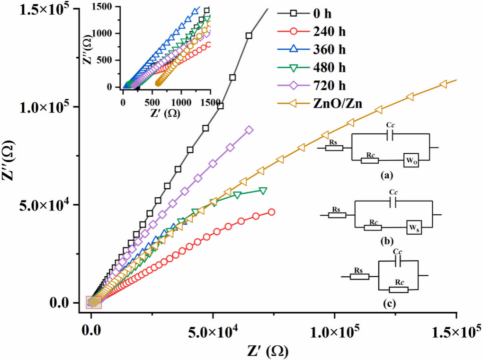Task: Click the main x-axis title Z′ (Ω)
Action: pos(268,351)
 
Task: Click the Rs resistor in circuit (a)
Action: pos(335,148)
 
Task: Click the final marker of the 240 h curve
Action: pos(271,212)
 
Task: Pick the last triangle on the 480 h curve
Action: pos(263,191)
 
